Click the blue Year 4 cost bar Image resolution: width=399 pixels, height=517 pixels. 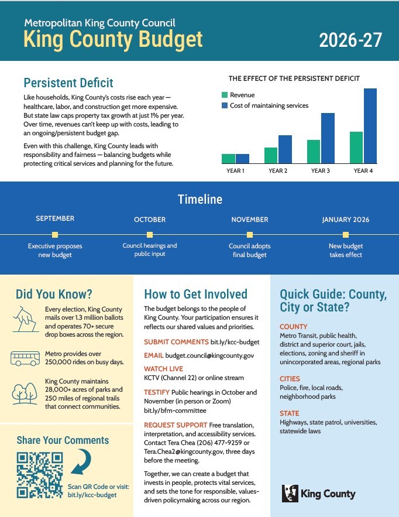pos(370,126)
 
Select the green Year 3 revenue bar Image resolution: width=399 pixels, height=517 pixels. pos(314,152)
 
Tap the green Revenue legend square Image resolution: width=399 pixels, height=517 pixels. pos(224,95)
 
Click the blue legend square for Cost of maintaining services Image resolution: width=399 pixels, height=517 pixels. pos(224,105)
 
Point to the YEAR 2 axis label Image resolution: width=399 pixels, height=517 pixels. pos(278,171)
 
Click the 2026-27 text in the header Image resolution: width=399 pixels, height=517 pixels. pos(350,40)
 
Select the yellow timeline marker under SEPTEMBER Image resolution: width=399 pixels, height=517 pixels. pos(55,234)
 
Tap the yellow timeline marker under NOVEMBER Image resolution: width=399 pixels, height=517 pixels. pos(249,234)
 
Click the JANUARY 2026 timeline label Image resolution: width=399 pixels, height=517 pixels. pos(345,220)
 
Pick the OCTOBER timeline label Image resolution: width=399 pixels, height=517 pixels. pos(150,220)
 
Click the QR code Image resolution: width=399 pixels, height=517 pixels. pos(39,475)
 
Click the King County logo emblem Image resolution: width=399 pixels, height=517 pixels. pos(290,493)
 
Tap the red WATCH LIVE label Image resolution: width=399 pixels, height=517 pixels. pos(163,369)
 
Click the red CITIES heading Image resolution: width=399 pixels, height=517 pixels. pos(290,379)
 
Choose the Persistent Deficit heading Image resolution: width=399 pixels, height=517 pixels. pos(68,83)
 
